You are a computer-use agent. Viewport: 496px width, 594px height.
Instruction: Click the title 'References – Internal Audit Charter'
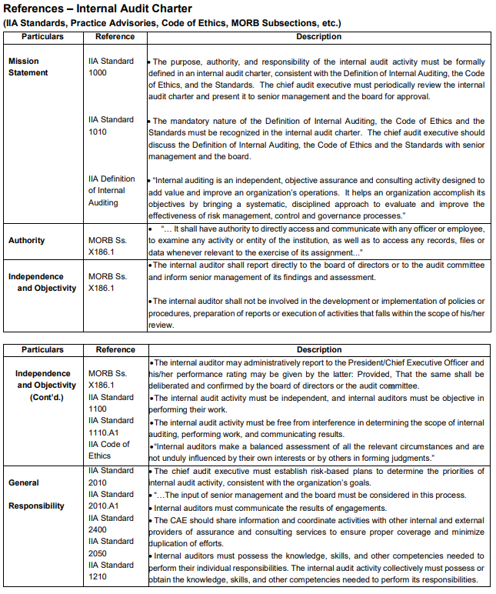click(x=98, y=8)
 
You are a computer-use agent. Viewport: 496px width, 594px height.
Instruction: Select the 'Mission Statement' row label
click(x=28, y=67)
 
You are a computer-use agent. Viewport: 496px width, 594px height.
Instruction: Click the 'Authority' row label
click(x=27, y=241)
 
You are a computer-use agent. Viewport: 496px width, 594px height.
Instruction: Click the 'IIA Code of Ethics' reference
click(x=109, y=449)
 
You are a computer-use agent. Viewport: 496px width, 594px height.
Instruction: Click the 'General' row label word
click(x=24, y=482)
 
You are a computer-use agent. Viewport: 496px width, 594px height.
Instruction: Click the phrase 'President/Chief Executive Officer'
click(x=399, y=362)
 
